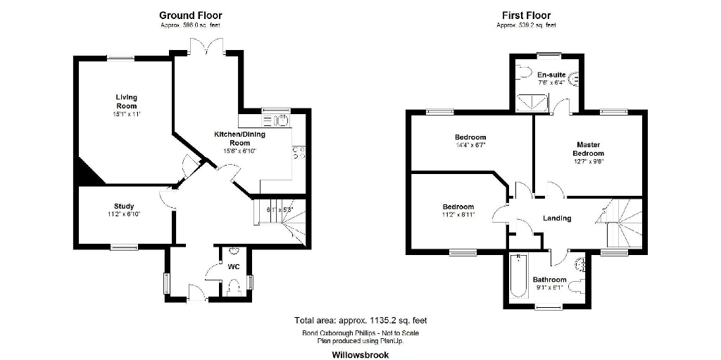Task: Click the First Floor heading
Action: pyautogui.click(x=526, y=15)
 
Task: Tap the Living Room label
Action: pyautogui.click(x=127, y=101)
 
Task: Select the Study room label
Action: pyautogui.click(x=124, y=206)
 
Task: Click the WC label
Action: pyautogui.click(x=234, y=267)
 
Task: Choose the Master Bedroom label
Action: pyautogui.click(x=588, y=149)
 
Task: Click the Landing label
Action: pyautogui.click(x=556, y=218)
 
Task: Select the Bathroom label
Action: pyautogui.click(x=549, y=280)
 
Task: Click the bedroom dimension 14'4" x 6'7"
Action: pyautogui.click(x=470, y=144)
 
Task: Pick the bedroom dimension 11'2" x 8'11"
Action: pyautogui.click(x=458, y=215)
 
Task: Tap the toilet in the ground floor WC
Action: pyautogui.click(x=234, y=285)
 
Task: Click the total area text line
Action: pyautogui.click(x=360, y=321)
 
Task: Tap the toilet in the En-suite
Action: pyautogui.click(x=522, y=70)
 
